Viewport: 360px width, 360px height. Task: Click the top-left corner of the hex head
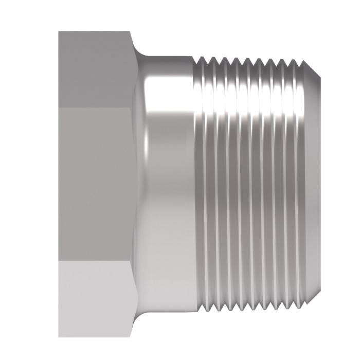[x=59, y=32]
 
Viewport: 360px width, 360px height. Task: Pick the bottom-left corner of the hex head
[x=59, y=336]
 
